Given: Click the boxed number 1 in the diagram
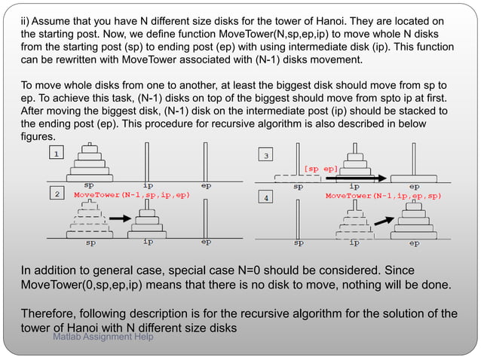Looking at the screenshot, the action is click(x=56, y=153).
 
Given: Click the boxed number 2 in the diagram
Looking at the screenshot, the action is click(x=56, y=195).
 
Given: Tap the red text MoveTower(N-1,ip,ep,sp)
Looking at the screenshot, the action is click(x=383, y=196).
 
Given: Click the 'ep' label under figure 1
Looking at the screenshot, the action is click(x=206, y=185).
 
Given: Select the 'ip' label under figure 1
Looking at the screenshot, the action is click(x=148, y=185).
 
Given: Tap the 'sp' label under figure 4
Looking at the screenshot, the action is click(x=299, y=243).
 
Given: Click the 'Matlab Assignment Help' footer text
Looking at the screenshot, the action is click(x=103, y=337).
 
